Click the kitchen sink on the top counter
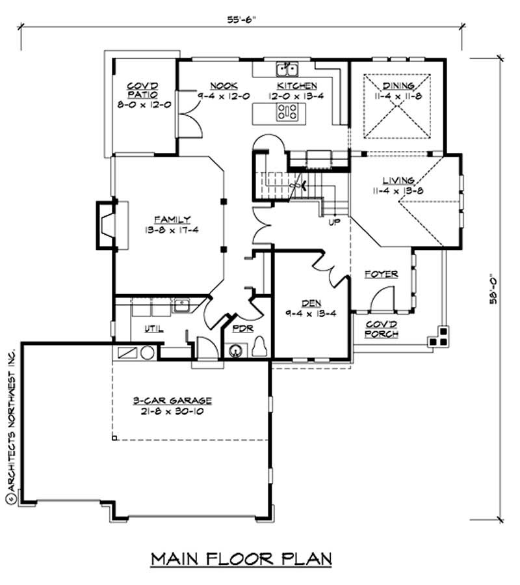(287, 68)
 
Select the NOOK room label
(223, 86)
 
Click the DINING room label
(398, 85)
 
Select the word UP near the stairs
(333, 223)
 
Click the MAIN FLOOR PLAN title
(242, 558)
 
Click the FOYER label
(380, 275)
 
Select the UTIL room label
(153, 329)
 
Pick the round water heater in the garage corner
(147, 353)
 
